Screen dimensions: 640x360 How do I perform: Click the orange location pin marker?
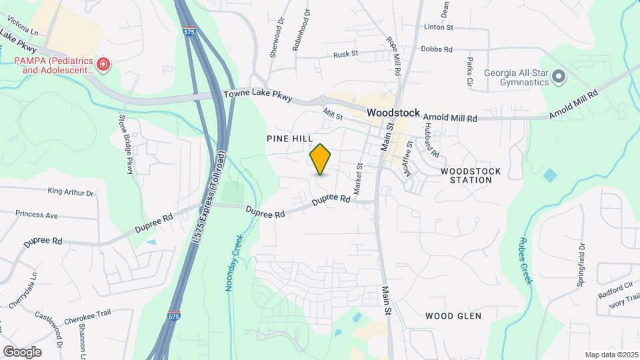click(x=321, y=159)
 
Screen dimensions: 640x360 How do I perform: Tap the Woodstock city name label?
click(x=393, y=113)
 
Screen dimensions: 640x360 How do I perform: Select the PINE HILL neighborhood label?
click(x=289, y=138)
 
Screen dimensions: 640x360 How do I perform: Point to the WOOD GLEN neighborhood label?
click(x=453, y=315)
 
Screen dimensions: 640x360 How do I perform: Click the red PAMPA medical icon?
click(x=103, y=65)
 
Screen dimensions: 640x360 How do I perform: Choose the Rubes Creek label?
click(x=526, y=261)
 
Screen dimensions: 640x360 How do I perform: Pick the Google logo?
click(x=22, y=351)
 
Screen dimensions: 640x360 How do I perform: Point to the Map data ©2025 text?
click(x=611, y=355)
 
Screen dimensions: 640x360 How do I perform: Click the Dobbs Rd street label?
click(x=437, y=49)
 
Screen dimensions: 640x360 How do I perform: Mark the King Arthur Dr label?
click(x=71, y=192)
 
